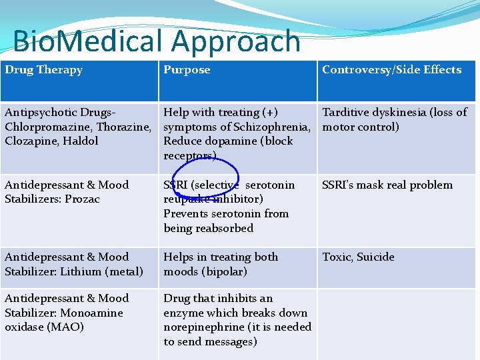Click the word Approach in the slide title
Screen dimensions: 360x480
(236, 41)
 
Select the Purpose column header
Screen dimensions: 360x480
(187, 70)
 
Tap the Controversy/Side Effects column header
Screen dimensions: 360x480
(391, 70)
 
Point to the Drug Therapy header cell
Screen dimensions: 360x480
(44, 70)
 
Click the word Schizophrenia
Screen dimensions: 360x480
(272, 127)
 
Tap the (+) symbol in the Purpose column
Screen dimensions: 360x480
(269, 113)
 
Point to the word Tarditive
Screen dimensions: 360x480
(347, 113)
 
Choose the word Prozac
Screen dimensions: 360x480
(83, 199)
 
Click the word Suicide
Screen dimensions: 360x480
(377, 257)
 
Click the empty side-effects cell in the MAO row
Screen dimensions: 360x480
(396, 323)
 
